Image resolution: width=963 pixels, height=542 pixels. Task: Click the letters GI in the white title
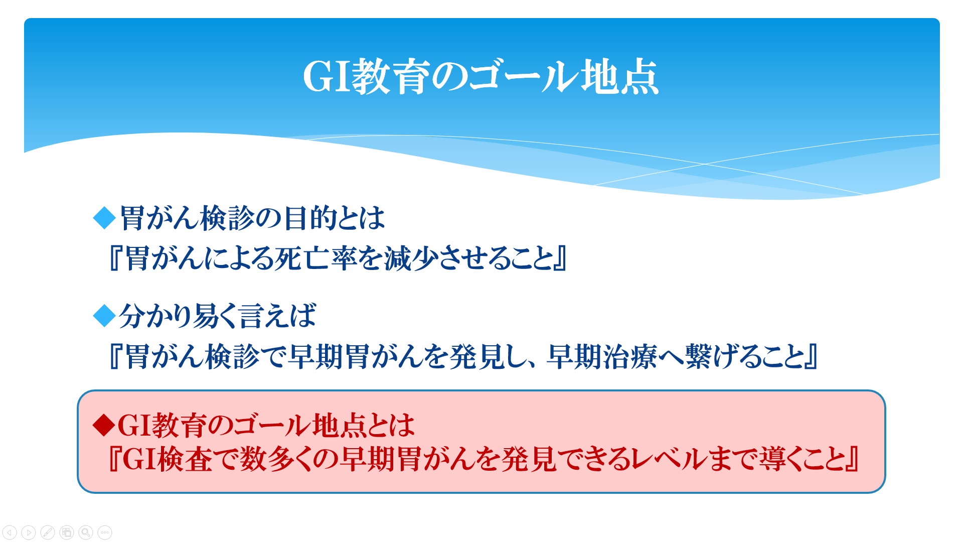click(x=327, y=77)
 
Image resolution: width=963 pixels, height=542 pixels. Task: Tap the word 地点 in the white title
click(x=619, y=77)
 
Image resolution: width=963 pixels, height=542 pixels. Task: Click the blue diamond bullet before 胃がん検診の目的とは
click(x=104, y=218)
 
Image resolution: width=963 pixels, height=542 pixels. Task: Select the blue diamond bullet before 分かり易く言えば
click(x=104, y=316)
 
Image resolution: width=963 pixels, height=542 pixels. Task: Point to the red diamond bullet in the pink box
click(x=104, y=425)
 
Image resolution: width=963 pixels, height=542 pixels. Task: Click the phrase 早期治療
click(x=602, y=357)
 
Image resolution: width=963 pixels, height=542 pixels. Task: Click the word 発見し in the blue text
click(x=486, y=357)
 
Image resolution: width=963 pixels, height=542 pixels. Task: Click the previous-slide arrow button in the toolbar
click(x=10, y=532)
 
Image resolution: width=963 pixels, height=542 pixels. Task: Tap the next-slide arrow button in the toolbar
click(x=29, y=532)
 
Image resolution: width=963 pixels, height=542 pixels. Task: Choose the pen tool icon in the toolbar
click(x=48, y=532)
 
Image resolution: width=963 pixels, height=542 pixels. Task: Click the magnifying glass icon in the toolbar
click(x=86, y=532)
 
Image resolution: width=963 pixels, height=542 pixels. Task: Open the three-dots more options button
click(x=105, y=532)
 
